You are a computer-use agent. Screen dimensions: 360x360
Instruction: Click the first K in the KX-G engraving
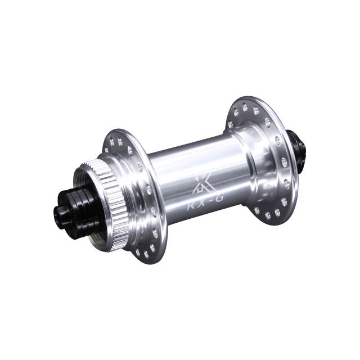tap(191, 208)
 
